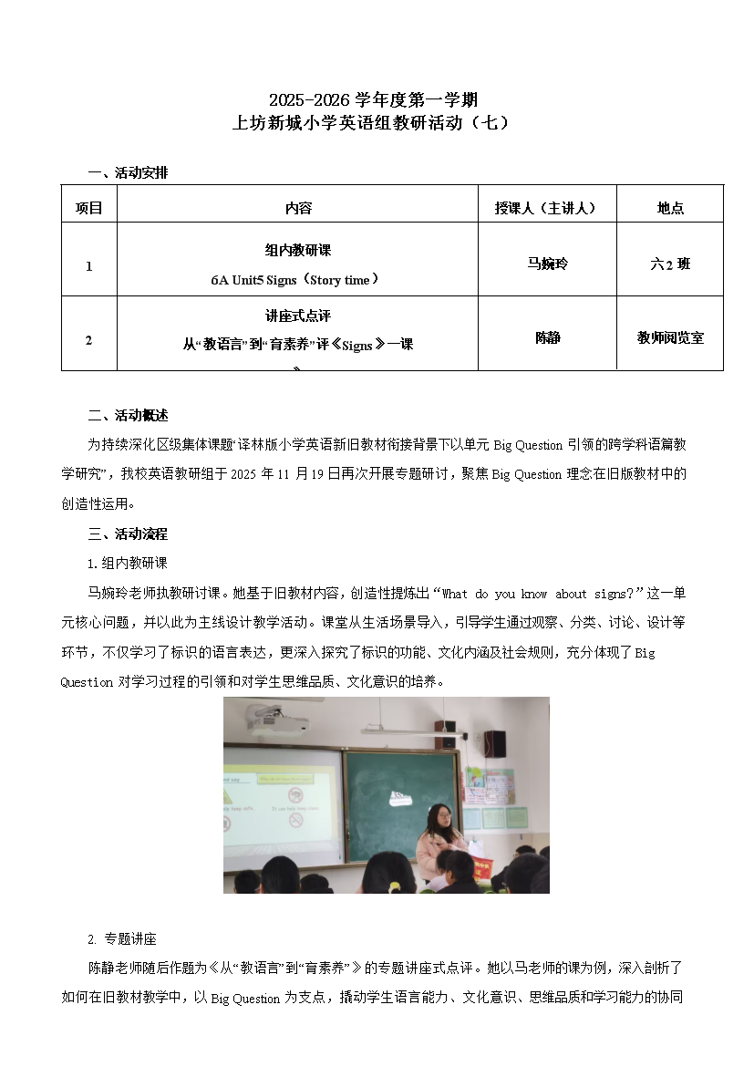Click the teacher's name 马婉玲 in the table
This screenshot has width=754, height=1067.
(x=547, y=264)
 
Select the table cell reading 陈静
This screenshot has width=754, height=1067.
(x=547, y=337)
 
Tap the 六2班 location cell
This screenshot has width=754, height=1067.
(x=670, y=264)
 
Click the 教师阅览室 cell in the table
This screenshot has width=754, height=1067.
(x=670, y=337)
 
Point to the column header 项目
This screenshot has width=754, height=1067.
(x=88, y=208)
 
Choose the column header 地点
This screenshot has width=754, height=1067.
(x=670, y=208)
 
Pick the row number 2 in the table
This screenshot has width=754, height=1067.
(x=88, y=340)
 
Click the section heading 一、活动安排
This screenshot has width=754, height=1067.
(x=128, y=172)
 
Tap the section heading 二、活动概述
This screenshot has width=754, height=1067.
(x=128, y=416)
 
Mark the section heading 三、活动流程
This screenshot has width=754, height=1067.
(x=128, y=533)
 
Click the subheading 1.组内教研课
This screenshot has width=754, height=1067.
(x=127, y=563)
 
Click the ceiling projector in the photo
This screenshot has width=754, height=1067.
(x=274, y=722)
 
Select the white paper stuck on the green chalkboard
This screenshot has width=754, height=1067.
(x=398, y=798)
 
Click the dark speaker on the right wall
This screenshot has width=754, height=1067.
(x=494, y=743)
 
